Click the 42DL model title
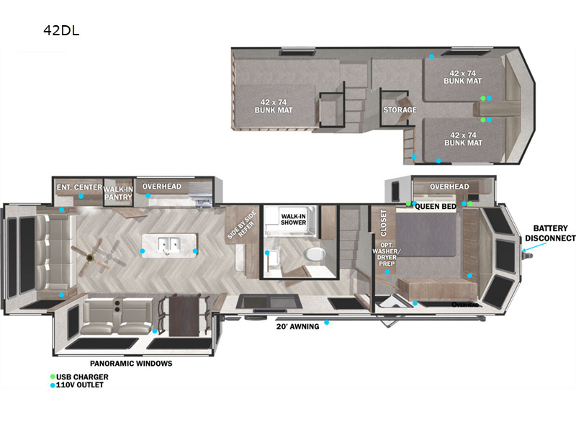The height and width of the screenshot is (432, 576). click(61, 30)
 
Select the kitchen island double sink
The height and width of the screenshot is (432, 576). click(169, 245)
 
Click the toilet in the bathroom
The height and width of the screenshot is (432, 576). click(315, 254)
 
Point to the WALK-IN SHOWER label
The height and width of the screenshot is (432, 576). click(293, 220)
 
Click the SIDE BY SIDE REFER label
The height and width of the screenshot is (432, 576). click(242, 225)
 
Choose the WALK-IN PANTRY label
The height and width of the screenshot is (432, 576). click(118, 193)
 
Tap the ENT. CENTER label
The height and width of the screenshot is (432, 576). click(79, 187)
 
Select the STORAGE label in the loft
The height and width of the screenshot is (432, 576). click(400, 110)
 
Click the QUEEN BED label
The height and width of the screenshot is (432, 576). click(436, 207)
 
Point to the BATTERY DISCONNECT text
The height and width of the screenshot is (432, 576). click(550, 233)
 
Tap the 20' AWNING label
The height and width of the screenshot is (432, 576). click(297, 326)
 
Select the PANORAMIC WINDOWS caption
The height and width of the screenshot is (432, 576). click(131, 364)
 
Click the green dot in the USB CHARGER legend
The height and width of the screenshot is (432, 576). click(53, 377)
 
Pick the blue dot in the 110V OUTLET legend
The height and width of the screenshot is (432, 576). click(53, 385)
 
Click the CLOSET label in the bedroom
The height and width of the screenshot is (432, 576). click(384, 222)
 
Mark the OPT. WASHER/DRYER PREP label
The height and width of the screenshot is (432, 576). click(387, 254)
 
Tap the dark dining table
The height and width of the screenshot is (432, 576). click(184, 316)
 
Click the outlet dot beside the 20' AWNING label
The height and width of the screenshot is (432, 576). click(327, 323)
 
